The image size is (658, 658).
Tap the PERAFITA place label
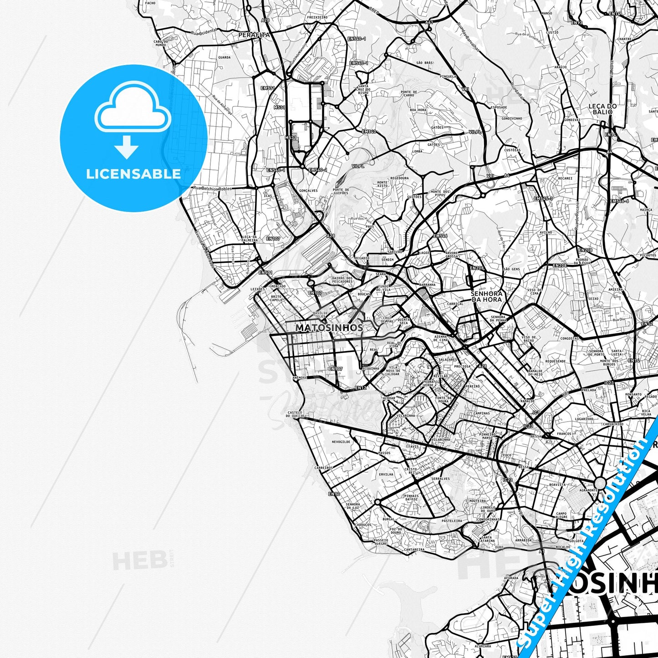coord(254,35)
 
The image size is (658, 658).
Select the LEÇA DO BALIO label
coord(602,109)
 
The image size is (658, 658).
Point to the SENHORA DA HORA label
coord(486,296)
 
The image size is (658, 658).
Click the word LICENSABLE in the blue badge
coord(133,173)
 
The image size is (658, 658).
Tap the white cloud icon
coord(133,109)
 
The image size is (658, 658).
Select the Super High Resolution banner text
coord(587,537)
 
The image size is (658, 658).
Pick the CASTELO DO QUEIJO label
coord(295,414)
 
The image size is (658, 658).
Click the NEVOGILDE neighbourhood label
coord(341,442)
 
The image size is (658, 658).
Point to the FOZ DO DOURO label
coord(396,530)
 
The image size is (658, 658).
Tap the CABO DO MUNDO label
coord(160,43)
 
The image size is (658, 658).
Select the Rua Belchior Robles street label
coord(212,189)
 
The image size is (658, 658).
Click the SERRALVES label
coord(441,479)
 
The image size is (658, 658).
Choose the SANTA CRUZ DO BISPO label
coord(363,89)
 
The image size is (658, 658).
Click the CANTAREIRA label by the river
coord(414,550)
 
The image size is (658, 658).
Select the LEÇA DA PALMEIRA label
coord(250,239)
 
